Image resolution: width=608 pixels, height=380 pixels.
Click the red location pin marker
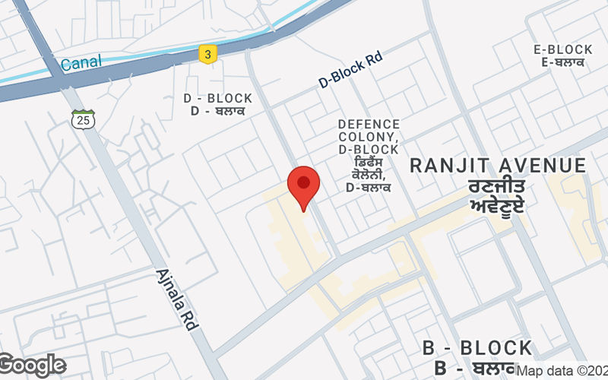click(x=303, y=186)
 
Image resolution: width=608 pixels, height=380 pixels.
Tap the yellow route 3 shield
click(x=206, y=54)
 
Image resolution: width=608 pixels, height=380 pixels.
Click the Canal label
click(x=81, y=63)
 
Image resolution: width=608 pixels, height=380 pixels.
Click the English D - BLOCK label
click(x=218, y=99)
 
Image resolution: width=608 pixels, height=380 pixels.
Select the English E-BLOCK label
click(x=563, y=49)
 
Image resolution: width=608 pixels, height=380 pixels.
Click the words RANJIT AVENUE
click(x=499, y=166)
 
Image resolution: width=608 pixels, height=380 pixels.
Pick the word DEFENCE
click(x=369, y=124)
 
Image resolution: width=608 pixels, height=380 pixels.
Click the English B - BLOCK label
click(x=477, y=349)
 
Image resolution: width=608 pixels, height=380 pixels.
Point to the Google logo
click(x=33, y=366)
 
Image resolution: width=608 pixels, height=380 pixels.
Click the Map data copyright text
click(x=562, y=371)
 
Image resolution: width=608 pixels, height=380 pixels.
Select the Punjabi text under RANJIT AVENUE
click(x=498, y=195)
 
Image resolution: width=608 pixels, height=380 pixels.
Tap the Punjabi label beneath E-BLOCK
click(x=563, y=62)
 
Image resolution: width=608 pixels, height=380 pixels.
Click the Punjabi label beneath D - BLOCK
click(x=218, y=112)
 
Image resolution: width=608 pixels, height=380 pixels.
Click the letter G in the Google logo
click(x=9, y=366)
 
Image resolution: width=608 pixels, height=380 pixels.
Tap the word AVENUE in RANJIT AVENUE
click(x=537, y=166)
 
